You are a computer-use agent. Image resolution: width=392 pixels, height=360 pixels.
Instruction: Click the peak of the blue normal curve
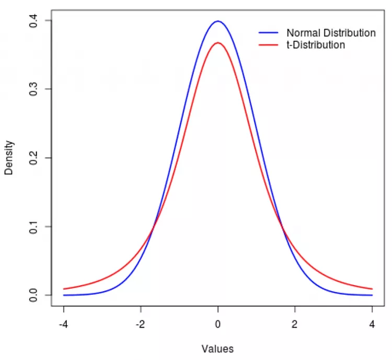point(218,21)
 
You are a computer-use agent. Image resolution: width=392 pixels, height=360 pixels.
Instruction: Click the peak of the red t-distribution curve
point(218,42)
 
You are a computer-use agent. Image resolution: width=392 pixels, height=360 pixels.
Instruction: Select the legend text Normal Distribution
point(331,33)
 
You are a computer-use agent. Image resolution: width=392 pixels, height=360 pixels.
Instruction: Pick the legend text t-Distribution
point(316,45)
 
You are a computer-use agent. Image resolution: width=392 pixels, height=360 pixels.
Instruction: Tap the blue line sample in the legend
point(269,33)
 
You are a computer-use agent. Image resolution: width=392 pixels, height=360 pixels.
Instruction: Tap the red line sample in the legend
point(269,45)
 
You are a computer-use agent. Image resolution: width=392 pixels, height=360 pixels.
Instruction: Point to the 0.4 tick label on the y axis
point(33,21)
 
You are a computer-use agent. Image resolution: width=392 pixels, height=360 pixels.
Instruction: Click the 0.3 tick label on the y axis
point(33,89)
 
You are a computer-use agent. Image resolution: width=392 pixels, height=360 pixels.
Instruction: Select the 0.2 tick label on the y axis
point(33,158)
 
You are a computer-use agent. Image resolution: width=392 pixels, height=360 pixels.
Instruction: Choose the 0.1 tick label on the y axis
point(33,227)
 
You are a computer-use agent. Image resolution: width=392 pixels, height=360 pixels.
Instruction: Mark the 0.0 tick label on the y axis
point(33,295)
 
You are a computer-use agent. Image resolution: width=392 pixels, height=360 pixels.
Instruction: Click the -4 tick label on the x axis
point(64,324)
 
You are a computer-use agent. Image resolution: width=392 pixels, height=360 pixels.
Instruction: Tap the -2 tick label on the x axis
point(140,324)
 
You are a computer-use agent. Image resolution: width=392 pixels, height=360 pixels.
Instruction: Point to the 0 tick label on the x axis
point(218,324)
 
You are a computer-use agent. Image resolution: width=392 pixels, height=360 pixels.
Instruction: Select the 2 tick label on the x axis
point(295,324)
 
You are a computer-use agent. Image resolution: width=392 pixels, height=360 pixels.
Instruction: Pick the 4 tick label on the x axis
point(372,324)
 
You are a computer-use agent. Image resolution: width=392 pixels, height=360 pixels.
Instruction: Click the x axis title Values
point(217,349)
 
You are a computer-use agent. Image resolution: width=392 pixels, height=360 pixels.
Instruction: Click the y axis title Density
point(9,158)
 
